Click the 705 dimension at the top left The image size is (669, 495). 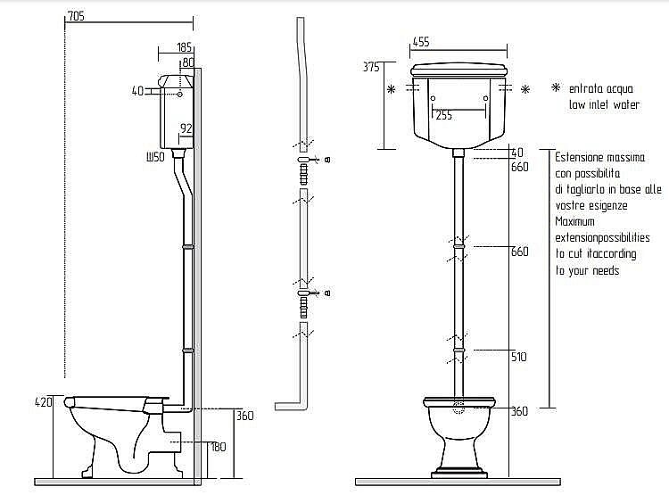77,16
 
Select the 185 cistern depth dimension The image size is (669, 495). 185,46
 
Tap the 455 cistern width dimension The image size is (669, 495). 421,42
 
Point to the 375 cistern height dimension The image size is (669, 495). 371,67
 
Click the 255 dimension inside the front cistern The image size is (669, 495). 443,115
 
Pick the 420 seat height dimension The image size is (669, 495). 43,402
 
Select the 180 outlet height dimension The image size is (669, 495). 219,447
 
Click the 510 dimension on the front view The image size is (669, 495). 519,357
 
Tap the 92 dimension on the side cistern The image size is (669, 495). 186,128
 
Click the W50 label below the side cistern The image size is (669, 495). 155,157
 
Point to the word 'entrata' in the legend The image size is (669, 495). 584,89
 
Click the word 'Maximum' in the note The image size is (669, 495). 574,221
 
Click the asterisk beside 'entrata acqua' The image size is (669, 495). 556,87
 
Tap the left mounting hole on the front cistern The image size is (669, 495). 433,99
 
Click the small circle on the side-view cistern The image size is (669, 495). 179,94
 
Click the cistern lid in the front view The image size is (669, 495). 458,70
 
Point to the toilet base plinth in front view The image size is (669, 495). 458,474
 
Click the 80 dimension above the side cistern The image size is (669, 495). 188,62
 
